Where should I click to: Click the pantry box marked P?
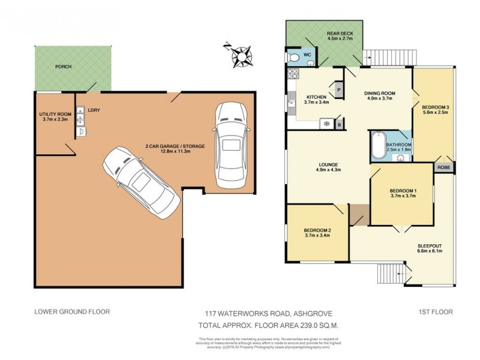click(338, 89)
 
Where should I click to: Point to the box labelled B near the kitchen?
click(339, 124)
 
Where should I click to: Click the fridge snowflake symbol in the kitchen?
click(326, 124)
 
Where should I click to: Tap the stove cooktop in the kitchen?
click(292, 74)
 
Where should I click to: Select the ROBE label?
click(444, 167)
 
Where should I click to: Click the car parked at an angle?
click(141, 181)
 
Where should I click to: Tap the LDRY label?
click(93, 110)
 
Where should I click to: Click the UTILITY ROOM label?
click(55, 114)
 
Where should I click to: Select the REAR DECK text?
click(339, 33)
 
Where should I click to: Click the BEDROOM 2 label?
click(317, 230)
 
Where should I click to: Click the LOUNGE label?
click(329, 164)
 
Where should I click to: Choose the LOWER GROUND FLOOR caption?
click(72, 311)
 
